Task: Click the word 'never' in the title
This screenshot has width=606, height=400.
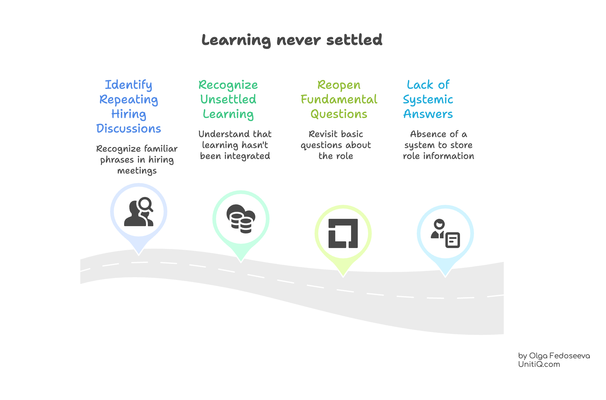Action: click(298, 40)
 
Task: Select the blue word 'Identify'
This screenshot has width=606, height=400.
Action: click(128, 85)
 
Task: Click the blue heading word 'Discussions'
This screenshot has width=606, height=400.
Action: click(128, 129)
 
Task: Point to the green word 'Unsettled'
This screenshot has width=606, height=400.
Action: click(228, 99)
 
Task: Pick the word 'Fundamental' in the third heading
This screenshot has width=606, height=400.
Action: click(339, 99)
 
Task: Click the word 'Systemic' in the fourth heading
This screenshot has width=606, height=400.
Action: click(428, 100)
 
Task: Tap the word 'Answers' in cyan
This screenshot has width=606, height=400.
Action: click(428, 114)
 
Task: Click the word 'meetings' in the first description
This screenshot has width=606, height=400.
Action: click(137, 171)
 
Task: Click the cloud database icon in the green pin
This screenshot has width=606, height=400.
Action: click(241, 219)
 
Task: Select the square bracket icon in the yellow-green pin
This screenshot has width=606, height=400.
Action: click(343, 233)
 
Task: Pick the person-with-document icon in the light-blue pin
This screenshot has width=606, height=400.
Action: click(445, 233)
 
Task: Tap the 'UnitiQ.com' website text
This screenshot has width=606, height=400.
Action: click(539, 364)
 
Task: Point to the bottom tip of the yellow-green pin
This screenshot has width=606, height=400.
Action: click(343, 276)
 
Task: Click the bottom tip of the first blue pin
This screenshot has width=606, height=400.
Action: click(139, 254)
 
